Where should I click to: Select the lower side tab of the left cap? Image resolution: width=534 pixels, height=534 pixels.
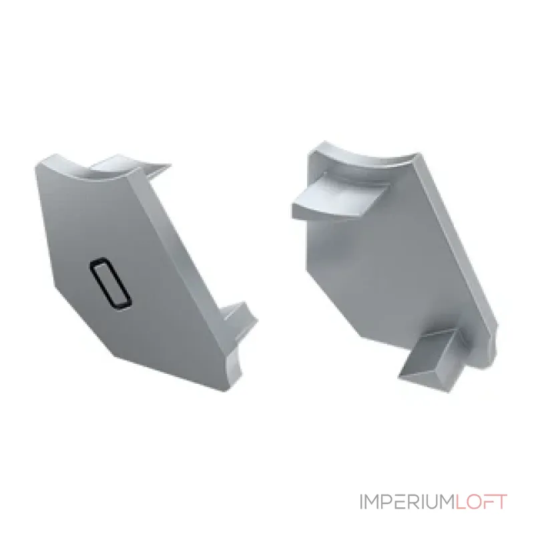(x=238, y=320)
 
